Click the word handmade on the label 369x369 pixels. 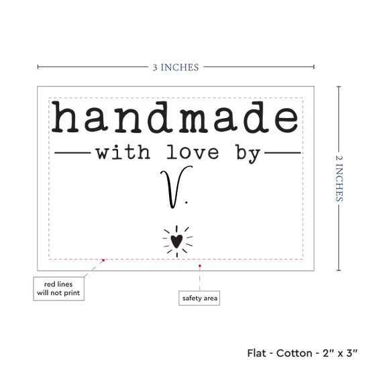tap(175, 117)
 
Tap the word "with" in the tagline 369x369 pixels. tap(123, 152)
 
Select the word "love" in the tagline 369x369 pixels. tap(193, 152)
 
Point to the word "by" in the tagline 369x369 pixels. tap(248, 154)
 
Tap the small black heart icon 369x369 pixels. tap(176, 241)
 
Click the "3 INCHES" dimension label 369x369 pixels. tap(176, 67)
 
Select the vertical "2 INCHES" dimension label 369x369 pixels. tap(339, 178)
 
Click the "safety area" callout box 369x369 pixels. tap(199, 298)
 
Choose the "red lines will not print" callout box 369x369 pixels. tap(58, 288)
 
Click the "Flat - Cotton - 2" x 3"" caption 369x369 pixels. tap(302, 353)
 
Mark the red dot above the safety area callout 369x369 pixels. tap(200, 266)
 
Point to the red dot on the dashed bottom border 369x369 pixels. tap(103, 260)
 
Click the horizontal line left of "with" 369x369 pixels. tap(72, 153)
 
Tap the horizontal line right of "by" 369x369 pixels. tap(283, 153)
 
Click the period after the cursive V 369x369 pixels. tap(187, 202)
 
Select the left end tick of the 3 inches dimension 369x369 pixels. tap(38, 67)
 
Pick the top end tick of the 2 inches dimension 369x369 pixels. tap(339, 87)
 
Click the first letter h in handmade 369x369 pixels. tap(65, 117)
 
